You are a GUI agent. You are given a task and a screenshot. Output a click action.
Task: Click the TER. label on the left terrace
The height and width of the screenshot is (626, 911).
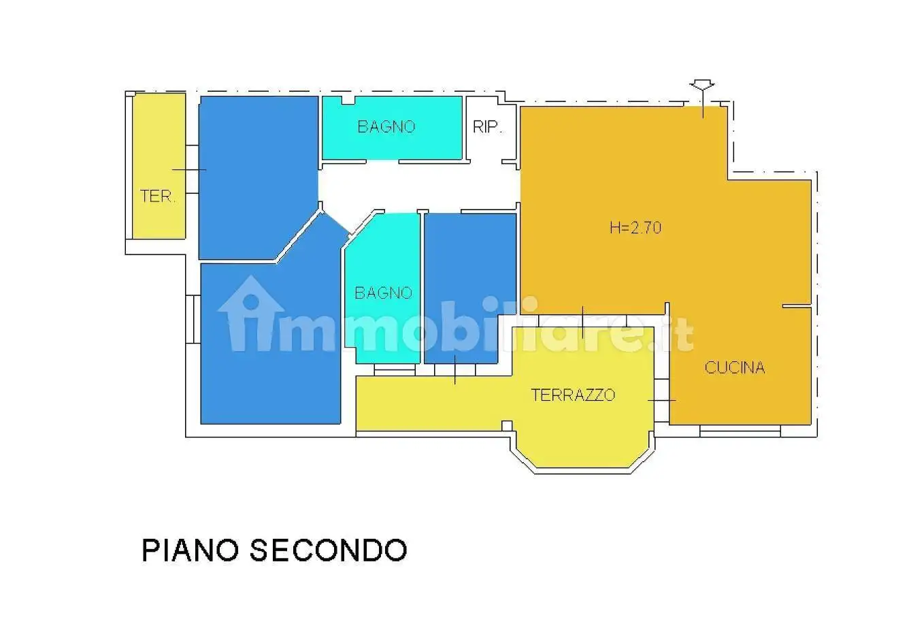coord(158,197)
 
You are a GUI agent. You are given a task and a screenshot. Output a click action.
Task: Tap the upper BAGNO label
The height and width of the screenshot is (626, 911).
coord(386,127)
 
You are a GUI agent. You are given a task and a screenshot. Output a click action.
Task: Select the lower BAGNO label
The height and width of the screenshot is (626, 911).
coord(383,293)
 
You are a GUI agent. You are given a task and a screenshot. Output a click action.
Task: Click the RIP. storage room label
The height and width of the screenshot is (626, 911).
coord(487,127)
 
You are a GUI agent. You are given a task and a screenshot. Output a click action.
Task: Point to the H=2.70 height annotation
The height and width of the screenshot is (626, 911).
coord(635,228)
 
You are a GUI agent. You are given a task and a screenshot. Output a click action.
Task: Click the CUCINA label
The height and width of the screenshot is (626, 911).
coord(735,368)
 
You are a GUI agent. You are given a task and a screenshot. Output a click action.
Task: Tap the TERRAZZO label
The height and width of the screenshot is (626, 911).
coord(573,395)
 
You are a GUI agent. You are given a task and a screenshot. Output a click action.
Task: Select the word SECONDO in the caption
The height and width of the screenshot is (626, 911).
coord(328,550)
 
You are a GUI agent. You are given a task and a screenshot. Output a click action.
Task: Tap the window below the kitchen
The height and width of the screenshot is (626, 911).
coord(740,430)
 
